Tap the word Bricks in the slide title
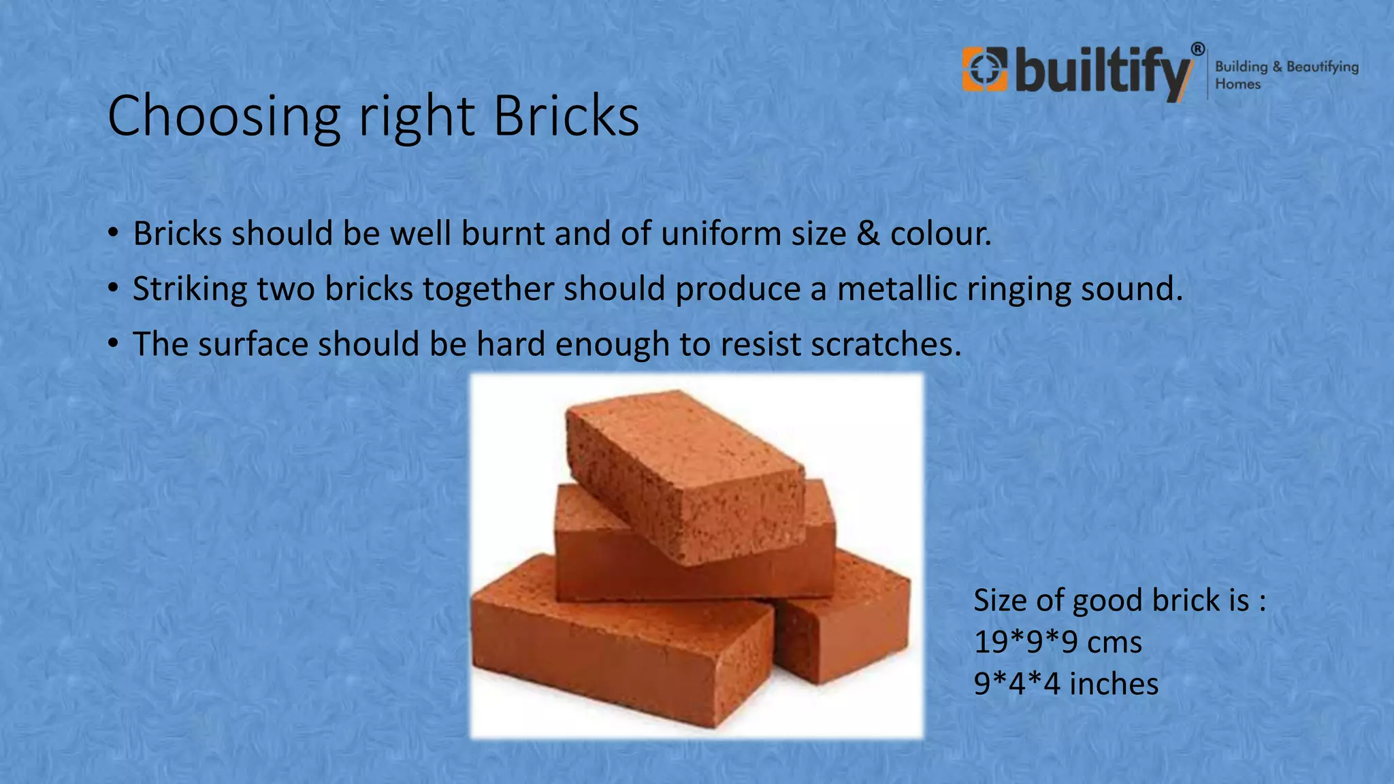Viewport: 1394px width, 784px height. (x=566, y=116)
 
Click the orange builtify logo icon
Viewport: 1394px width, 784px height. (x=984, y=68)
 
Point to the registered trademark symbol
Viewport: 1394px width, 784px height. (x=1197, y=49)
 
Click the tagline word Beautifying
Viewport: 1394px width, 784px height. (x=1322, y=67)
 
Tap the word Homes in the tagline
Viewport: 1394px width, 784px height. (x=1237, y=84)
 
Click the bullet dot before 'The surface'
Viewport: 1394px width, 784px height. (x=113, y=342)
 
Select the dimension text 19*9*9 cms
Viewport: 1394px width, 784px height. (x=1058, y=642)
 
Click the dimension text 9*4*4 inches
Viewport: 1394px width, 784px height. (x=1066, y=684)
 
